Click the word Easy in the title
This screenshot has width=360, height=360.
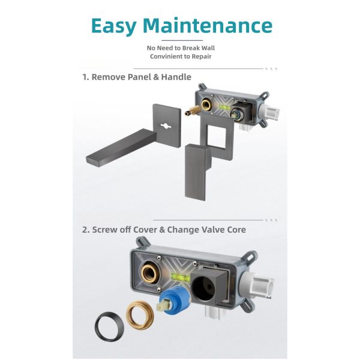point(114,26)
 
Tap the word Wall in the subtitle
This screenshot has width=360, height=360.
point(208,48)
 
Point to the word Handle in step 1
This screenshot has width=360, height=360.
point(176,77)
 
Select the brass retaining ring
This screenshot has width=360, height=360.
point(140,314)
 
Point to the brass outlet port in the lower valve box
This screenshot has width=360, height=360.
point(149,272)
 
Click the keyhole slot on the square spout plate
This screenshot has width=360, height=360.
point(166,126)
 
